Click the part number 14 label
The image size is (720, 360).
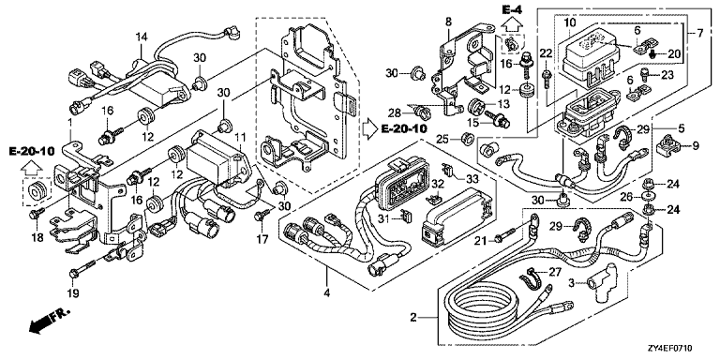pyautogui.click(x=142, y=37)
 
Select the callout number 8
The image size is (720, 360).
pyautogui.click(x=448, y=22)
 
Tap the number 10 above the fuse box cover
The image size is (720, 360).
pyautogui.click(x=569, y=22)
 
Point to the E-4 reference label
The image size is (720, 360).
pyautogui.click(x=513, y=8)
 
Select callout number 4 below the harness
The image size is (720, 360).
pyautogui.click(x=327, y=292)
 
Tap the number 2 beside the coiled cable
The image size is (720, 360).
pyautogui.click(x=413, y=317)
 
